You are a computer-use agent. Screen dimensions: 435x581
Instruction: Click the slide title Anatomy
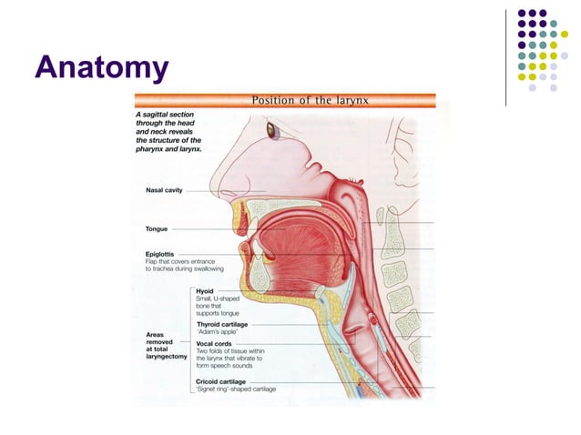point(101,67)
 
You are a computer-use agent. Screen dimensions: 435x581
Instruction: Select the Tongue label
point(157,228)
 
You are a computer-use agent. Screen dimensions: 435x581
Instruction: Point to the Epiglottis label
point(162,253)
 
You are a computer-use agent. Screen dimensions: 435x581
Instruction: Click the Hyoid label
point(207,290)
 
